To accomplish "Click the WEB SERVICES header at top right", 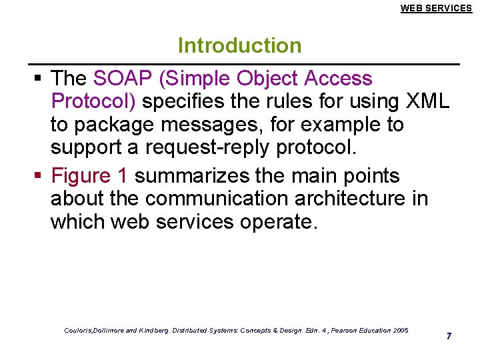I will tap(436, 8).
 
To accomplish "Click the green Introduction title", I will tap(239, 45).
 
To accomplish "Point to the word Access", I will tap(338, 79).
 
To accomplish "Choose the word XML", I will tap(427, 102).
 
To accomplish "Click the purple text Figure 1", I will tap(89, 176).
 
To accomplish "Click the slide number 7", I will tap(449, 336).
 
